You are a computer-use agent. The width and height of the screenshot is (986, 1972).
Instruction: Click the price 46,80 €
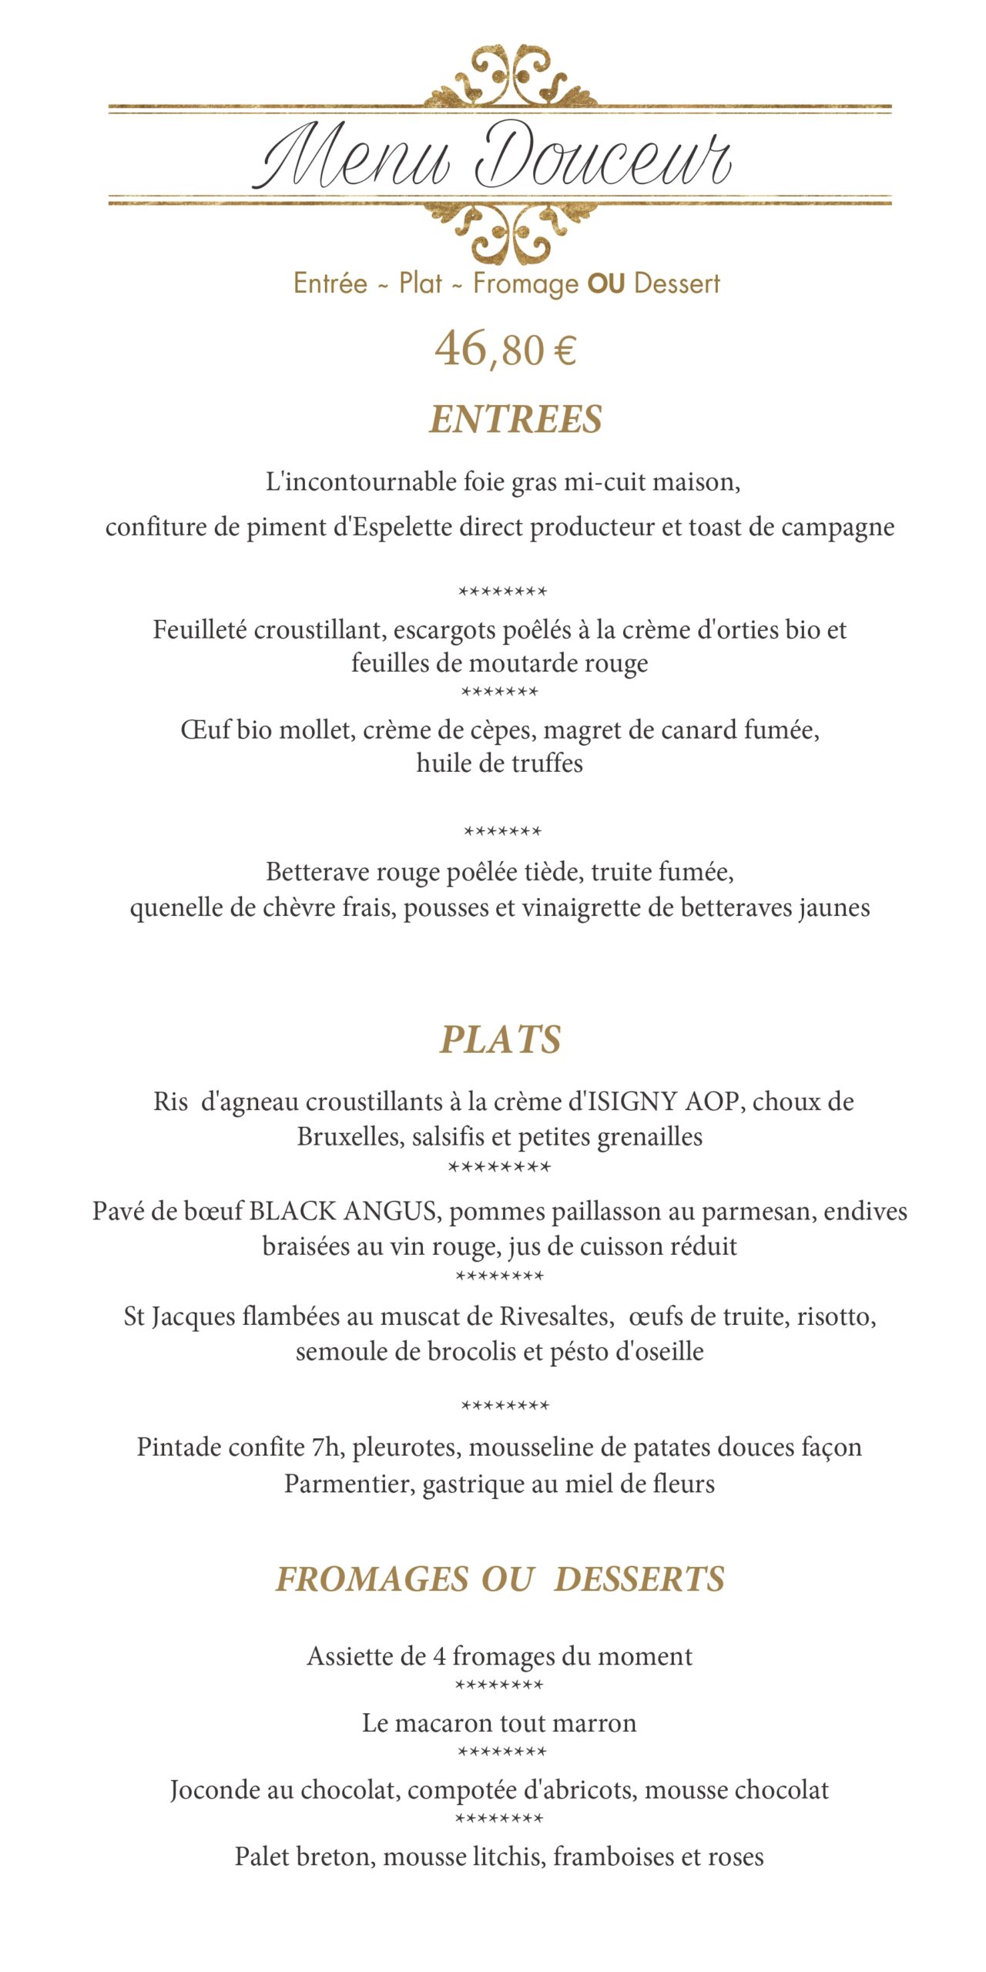tap(505, 350)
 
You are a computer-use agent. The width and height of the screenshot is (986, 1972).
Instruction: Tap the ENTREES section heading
tap(515, 420)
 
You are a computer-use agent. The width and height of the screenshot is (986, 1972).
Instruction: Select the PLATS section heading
tap(500, 1040)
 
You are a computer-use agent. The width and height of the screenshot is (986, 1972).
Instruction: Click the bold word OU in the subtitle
tap(605, 283)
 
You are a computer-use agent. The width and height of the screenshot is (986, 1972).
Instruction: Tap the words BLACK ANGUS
tap(342, 1211)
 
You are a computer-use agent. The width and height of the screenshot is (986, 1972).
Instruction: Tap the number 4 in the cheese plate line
tap(438, 1656)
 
